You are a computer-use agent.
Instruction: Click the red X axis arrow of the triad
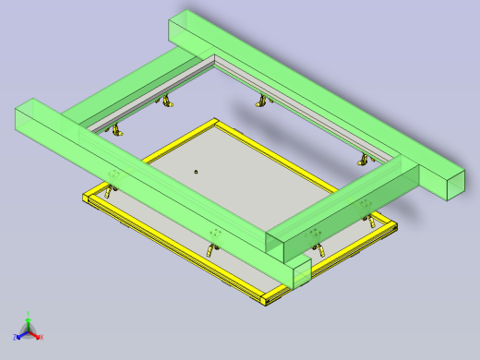click(x=36, y=336)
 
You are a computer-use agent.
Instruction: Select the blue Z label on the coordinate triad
click(x=17, y=335)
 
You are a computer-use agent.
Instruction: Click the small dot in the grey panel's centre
click(x=196, y=172)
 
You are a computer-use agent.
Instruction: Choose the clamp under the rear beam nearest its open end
click(x=362, y=161)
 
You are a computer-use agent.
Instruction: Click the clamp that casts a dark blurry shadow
click(x=261, y=101)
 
